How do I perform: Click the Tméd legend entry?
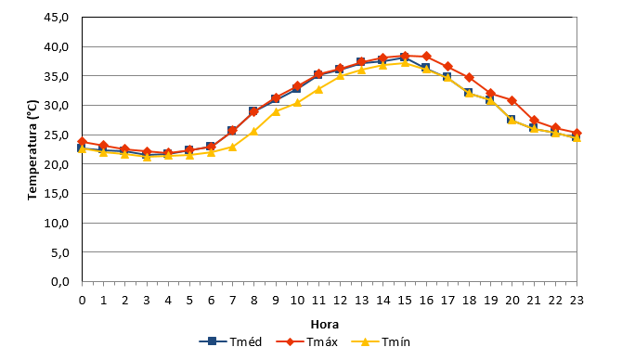[x=230, y=341]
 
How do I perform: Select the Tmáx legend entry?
[x=306, y=341]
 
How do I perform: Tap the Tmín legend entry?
[x=381, y=341]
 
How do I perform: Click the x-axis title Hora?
[x=325, y=325]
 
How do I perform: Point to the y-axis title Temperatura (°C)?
[x=32, y=150]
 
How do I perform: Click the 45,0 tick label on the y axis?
[x=58, y=18]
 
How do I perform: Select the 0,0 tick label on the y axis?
[x=60, y=281]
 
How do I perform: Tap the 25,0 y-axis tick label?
[x=58, y=135]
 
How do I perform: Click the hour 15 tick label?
[x=405, y=300]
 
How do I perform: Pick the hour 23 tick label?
[x=577, y=300]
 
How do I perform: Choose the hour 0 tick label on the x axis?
[x=82, y=300]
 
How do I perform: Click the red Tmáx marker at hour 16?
[x=426, y=56]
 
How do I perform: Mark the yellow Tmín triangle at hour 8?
[x=253, y=131]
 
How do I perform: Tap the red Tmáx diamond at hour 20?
[x=512, y=100]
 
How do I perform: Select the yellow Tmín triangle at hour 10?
[x=297, y=103]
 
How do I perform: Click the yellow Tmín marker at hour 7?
[x=232, y=148]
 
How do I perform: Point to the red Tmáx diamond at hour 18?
[x=469, y=77]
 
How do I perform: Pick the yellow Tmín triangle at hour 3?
[x=147, y=157]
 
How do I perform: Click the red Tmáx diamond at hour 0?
[x=82, y=142]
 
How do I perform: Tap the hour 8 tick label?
[x=253, y=300]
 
